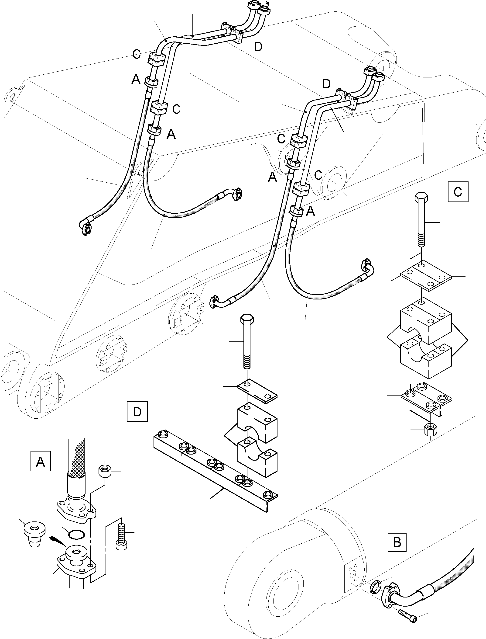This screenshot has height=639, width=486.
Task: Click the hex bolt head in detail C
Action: [421, 199]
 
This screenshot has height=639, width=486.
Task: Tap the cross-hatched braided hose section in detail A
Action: [76, 460]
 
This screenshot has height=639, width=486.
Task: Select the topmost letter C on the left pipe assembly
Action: [137, 54]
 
